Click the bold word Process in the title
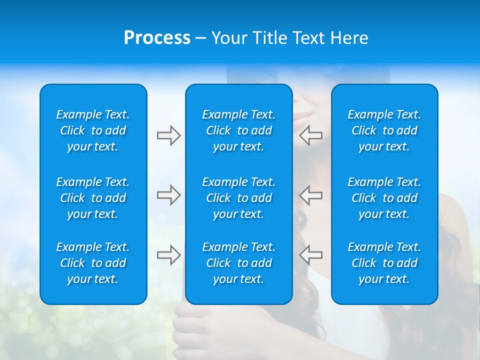157,38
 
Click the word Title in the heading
269,38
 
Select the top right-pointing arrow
168,135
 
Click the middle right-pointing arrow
168,195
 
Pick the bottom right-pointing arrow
168,255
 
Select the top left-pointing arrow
311,135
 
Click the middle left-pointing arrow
311,195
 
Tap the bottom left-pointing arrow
311,255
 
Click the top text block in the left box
93,130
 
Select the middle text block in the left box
93,198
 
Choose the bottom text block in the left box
93,263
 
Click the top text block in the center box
239,130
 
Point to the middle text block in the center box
239,198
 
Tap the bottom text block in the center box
239,263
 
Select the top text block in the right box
384,130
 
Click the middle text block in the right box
384,198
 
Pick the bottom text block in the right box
384,263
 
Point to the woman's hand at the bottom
200,330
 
